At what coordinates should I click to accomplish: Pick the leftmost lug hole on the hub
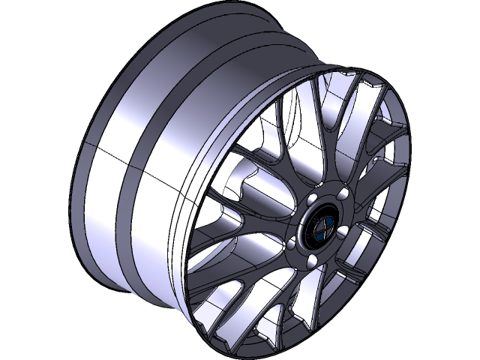point(292,245)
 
